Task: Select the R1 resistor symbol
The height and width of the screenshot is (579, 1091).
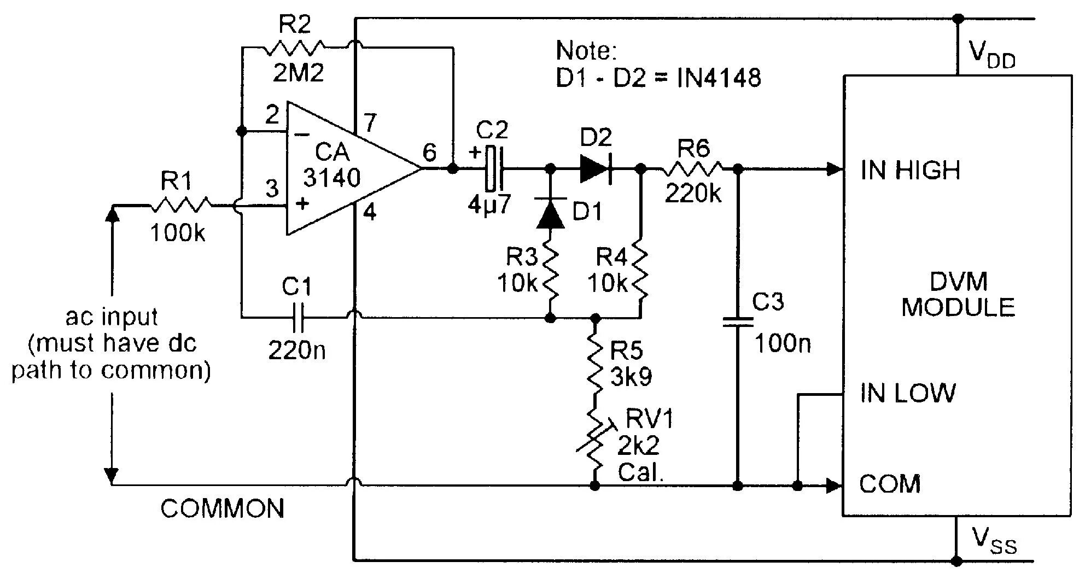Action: click(x=181, y=206)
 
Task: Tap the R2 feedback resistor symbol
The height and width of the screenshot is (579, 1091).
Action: click(x=294, y=48)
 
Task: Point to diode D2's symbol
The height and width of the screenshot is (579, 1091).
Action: click(x=596, y=168)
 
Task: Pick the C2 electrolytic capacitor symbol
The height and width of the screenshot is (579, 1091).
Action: click(x=493, y=168)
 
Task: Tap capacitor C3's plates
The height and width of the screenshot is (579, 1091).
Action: click(x=737, y=322)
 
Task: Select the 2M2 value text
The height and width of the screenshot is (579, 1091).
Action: click(x=298, y=73)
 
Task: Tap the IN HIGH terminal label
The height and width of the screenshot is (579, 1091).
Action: click(x=910, y=171)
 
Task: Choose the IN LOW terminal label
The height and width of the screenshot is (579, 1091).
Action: click(x=908, y=393)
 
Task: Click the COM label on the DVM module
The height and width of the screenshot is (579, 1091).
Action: click(x=890, y=484)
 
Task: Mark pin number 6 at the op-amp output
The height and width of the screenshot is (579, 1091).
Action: click(x=430, y=153)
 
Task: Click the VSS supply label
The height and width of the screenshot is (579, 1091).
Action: click(x=994, y=541)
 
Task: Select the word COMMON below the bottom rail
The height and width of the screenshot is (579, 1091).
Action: click(x=223, y=509)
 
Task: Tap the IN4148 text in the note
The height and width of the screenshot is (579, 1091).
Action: click(x=719, y=78)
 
